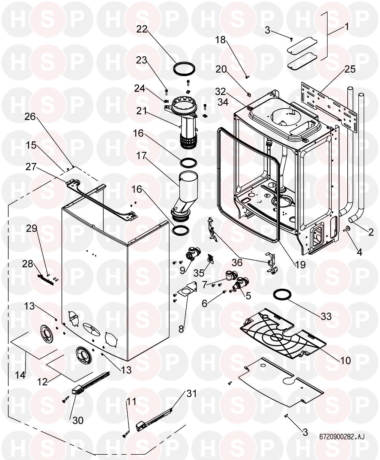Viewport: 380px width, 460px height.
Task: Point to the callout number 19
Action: tap(300, 264)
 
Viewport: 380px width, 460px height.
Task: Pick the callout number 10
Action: tap(345, 359)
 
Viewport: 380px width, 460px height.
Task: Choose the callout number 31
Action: tap(192, 394)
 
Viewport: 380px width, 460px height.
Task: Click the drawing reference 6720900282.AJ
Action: tap(342, 437)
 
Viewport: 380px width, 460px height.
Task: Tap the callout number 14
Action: tap(20, 375)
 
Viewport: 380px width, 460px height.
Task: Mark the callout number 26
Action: tap(30, 117)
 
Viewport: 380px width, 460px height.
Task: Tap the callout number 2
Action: tap(371, 232)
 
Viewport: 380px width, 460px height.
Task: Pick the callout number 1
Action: tap(347, 27)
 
